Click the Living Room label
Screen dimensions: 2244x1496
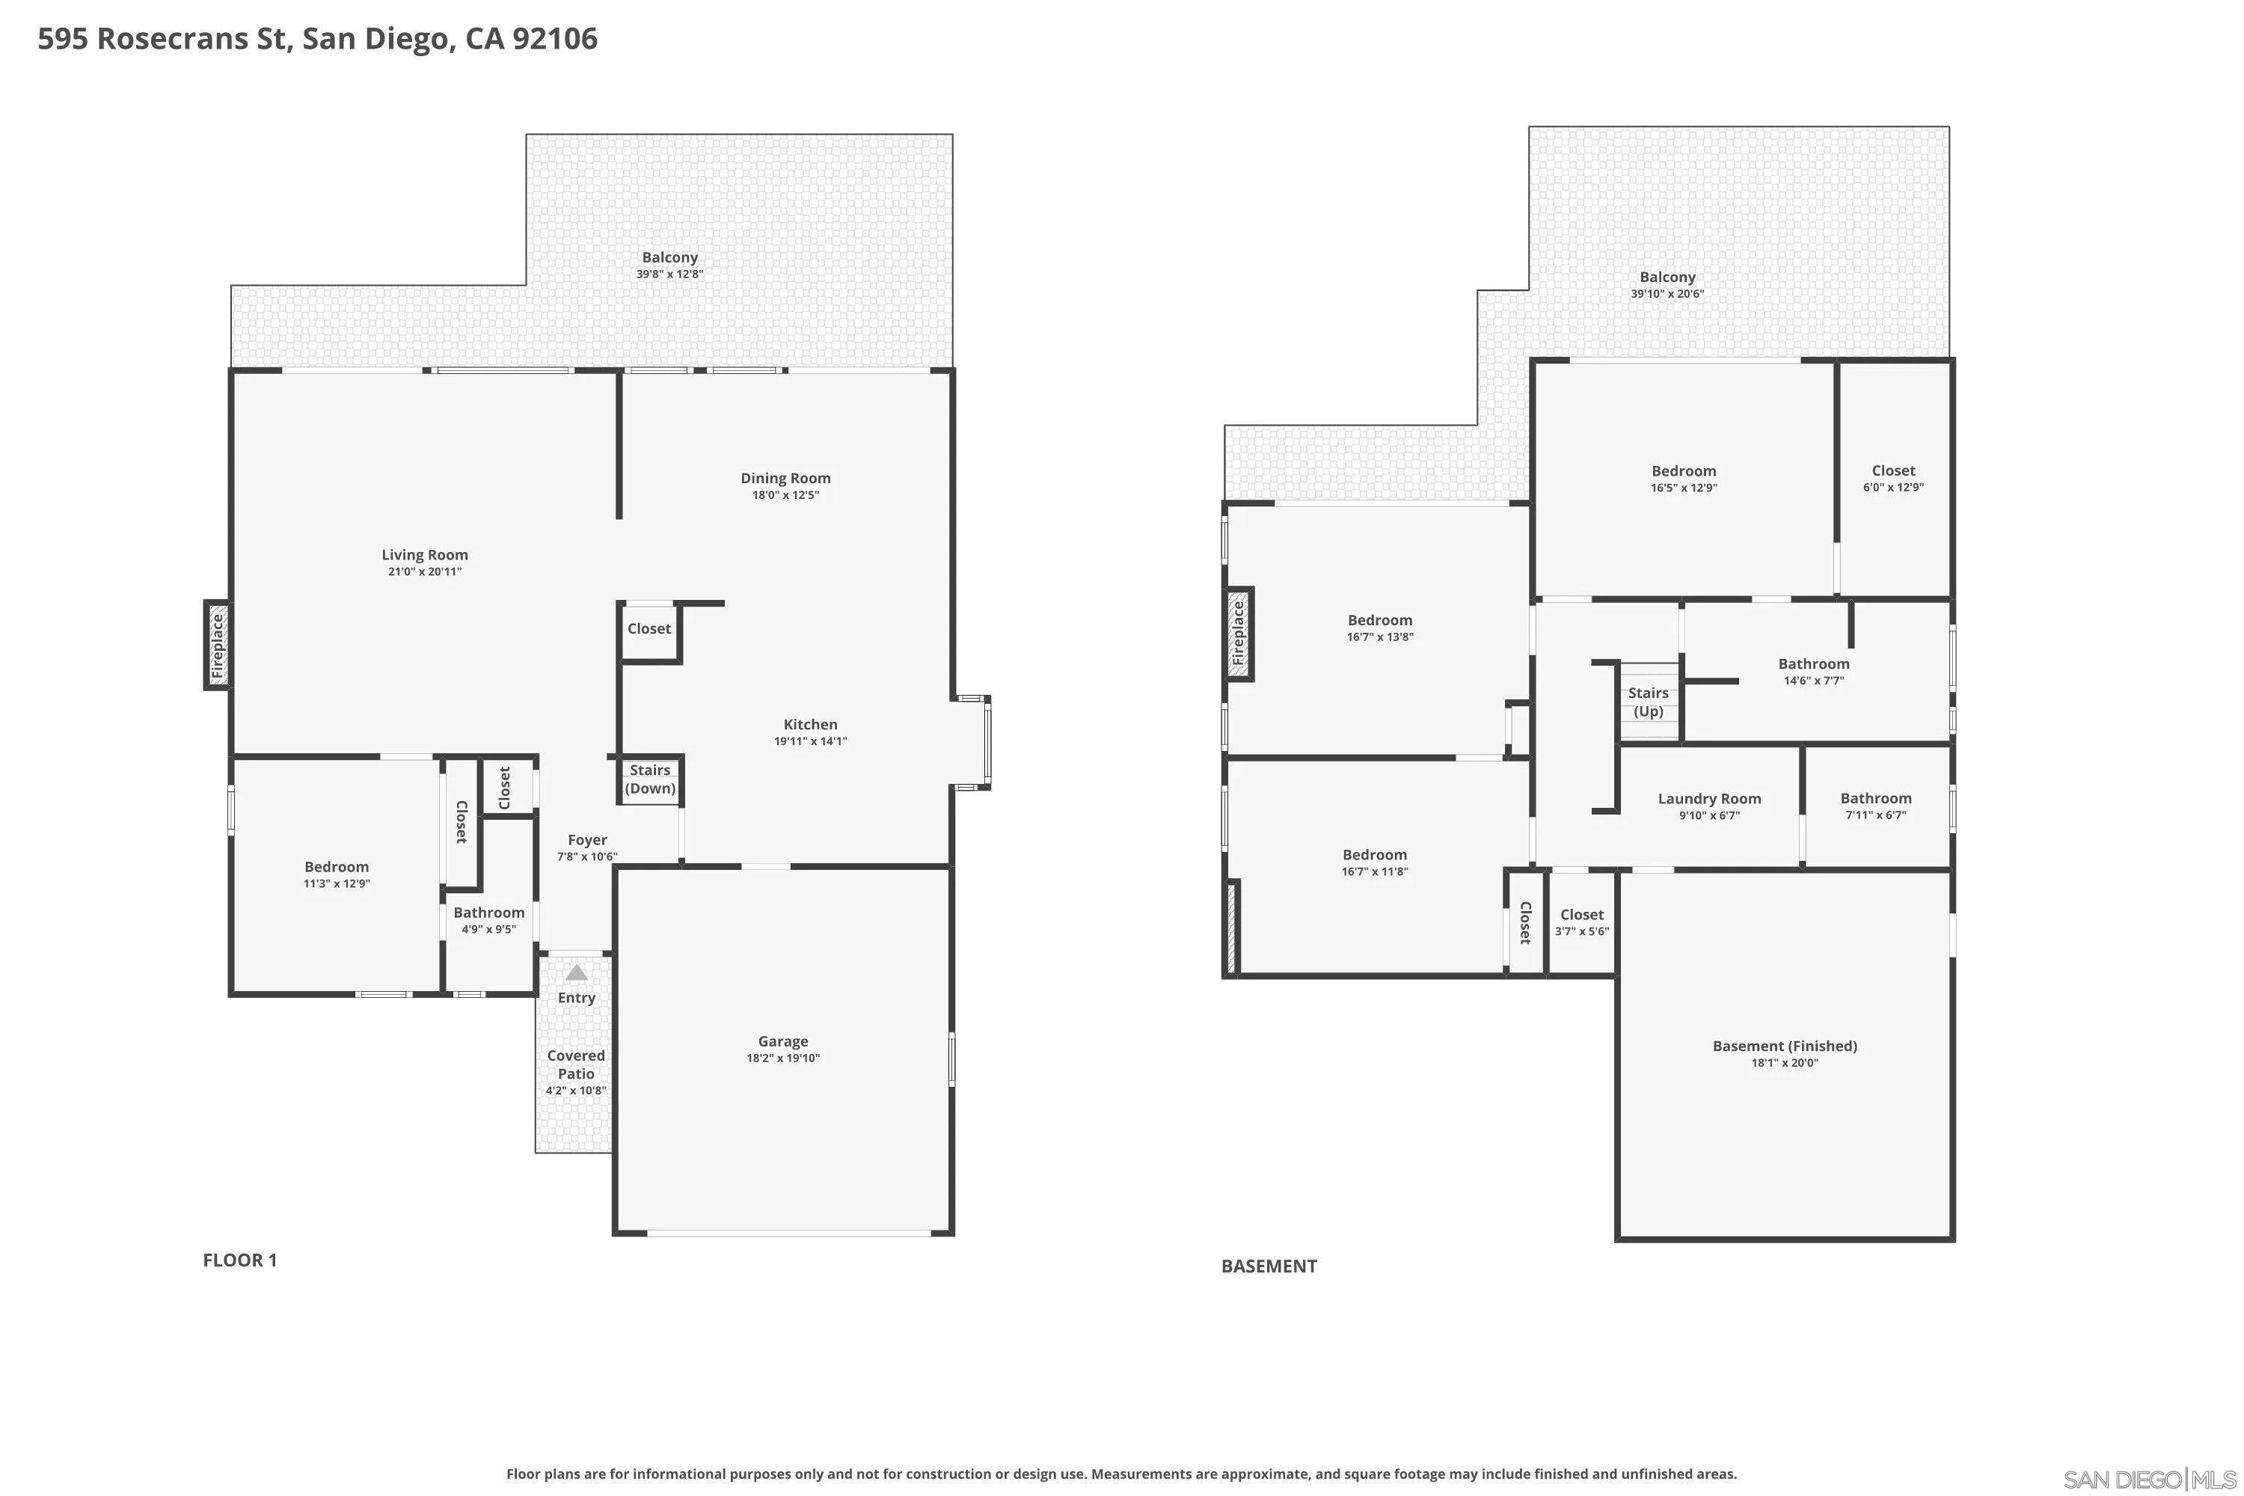click(425, 555)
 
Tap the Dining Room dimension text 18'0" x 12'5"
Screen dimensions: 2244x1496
click(785, 495)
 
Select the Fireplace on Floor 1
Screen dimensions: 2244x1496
click(218, 645)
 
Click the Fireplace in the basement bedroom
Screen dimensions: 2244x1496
click(1239, 634)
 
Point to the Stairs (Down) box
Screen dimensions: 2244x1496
click(650, 779)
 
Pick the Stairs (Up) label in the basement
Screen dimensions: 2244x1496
click(1648, 702)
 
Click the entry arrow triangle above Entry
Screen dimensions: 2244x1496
click(576, 972)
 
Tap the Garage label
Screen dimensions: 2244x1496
click(783, 1042)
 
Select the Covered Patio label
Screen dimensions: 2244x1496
click(576, 1064)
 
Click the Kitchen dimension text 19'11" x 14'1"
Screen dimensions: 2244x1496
click(810, 741)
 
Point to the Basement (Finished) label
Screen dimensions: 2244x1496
click(1785, 1046)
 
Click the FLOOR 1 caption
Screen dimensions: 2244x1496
click(240, 1260)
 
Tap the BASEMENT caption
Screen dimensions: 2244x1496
click(1269, 1266)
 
